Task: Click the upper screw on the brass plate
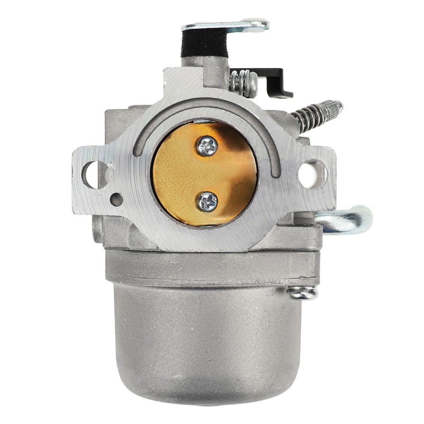click(x=207, y=146)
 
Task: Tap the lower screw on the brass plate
click(x=207, y=201)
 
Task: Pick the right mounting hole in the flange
click(x=312, y=174)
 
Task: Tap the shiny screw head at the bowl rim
click(x=302, y=293)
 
